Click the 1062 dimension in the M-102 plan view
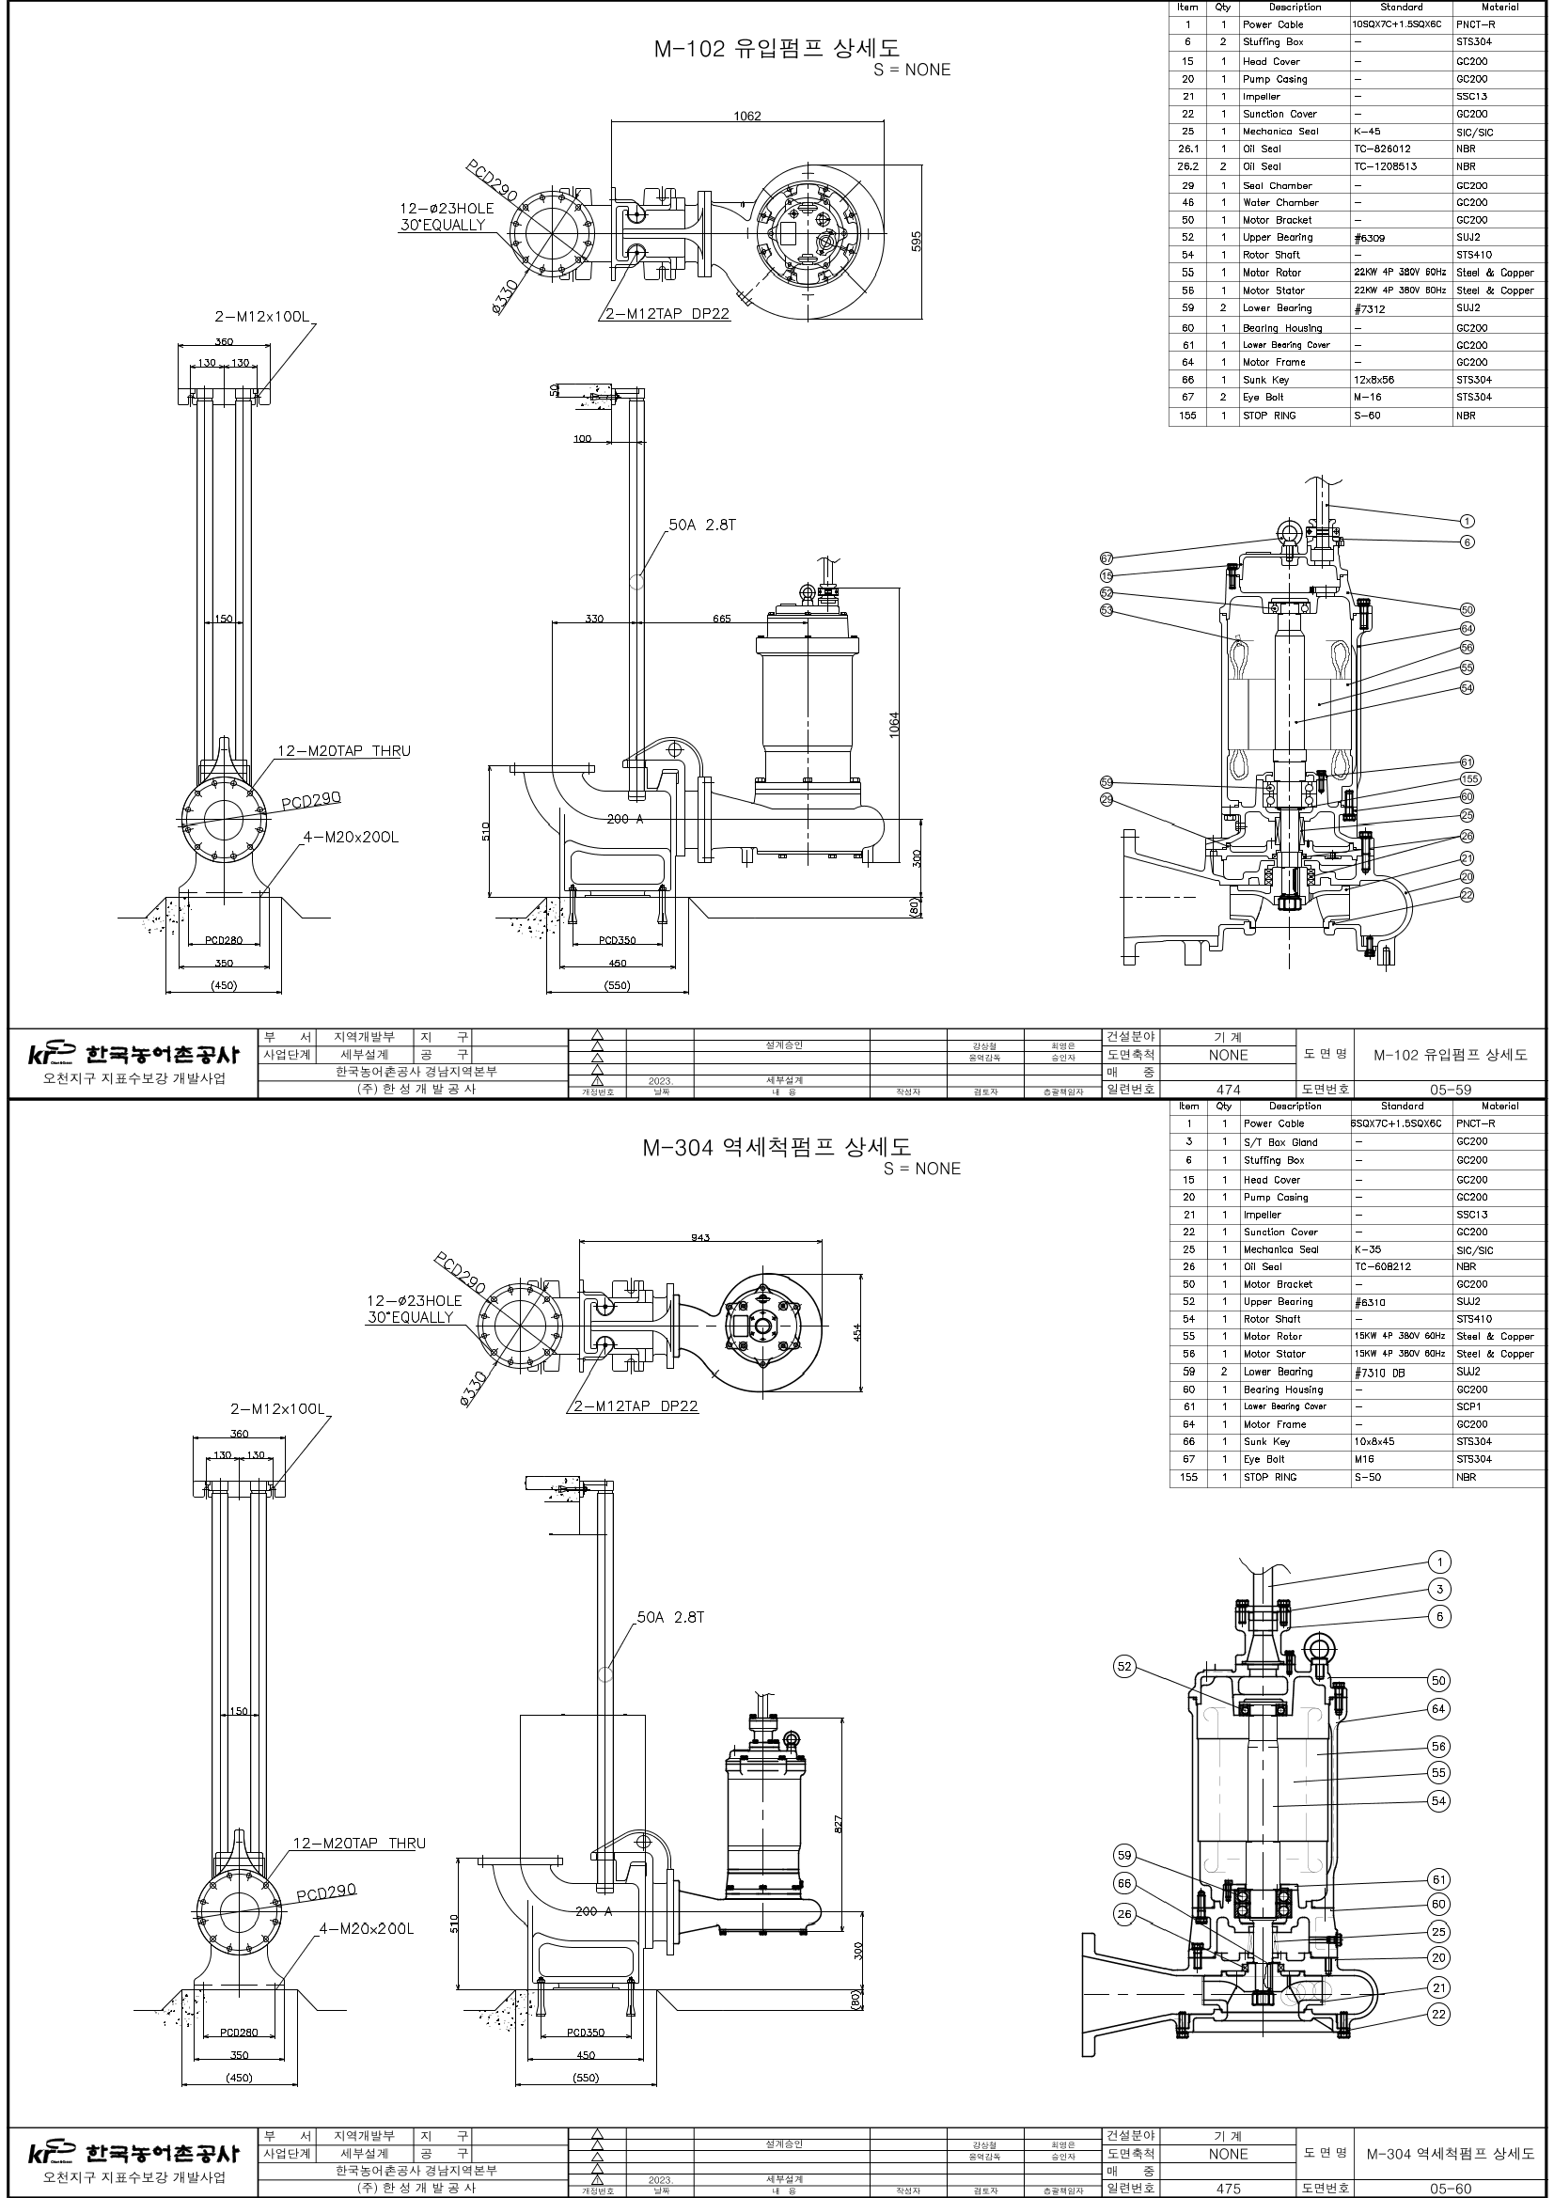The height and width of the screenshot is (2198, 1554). click(746, 116)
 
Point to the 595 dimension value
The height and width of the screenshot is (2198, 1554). click(916, 239)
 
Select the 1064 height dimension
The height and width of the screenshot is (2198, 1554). click(893, 724)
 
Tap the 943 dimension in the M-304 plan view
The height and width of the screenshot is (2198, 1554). click(700, 1238)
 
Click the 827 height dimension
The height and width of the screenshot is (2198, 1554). click(839, 1824)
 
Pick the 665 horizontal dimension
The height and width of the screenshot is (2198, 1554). click(721, 619)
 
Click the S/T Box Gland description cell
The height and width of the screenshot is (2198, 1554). click(1280, 1142)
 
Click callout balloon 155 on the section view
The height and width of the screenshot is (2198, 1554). click(1469, 779)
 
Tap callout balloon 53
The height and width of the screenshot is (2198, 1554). click(1107, 610)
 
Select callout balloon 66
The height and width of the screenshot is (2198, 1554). click(1124, 1883)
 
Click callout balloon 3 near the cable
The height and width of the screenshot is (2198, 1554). click(1439, 1589)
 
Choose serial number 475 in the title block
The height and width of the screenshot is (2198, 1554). click(1228, 2189)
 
